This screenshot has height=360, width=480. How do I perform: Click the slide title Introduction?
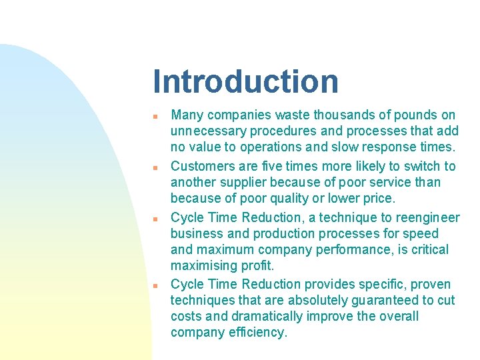pyautogui.click(x=245, y=81)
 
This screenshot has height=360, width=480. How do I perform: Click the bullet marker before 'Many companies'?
pyautogui.click(x=154, y=116)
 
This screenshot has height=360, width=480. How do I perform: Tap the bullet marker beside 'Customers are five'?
pyautogui.click(x=154, y=167)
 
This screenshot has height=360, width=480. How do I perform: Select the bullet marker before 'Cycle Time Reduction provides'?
pyautogui.click(x=154, y=285)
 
